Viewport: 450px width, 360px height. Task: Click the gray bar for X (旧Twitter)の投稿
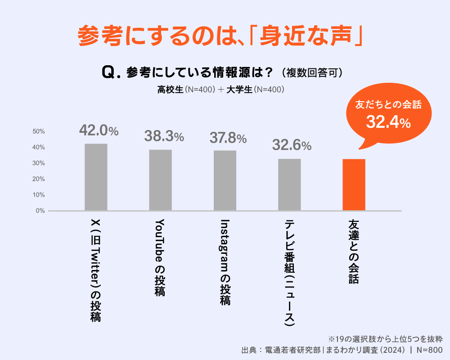coord(96,177)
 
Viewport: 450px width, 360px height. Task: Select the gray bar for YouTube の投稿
coord(160,180)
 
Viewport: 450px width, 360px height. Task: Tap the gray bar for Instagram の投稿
coord(225,180)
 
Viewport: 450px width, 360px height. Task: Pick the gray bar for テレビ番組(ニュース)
coord(289,184)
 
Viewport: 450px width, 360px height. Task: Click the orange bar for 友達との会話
coord(354,184)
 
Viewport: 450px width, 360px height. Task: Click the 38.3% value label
coord(164,136)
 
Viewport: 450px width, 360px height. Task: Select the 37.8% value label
coord(228,138)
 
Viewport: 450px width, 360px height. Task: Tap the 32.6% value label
coord(292,145)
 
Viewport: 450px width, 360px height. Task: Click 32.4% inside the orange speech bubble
coord(388,122)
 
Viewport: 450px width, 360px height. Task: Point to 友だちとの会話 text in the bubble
coord(388,105)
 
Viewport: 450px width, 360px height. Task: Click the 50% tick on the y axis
coord(39,131)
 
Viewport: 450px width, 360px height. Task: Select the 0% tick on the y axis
coord(40,211)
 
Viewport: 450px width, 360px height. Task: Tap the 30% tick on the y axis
coord(39,163)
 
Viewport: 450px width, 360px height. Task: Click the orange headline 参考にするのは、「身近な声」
coord(220,36)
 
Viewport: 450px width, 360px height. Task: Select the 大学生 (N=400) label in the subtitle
coord(255,90)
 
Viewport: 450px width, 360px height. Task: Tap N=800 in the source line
coord(429,350)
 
